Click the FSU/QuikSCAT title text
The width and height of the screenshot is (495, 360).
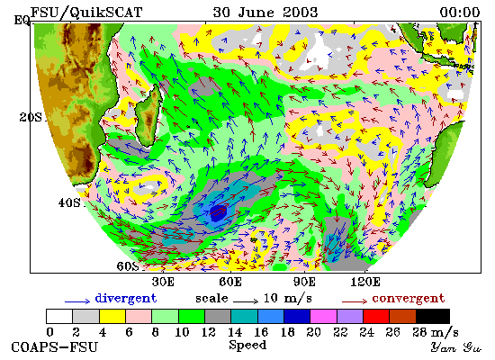pyautogui.click(x=86, y=13)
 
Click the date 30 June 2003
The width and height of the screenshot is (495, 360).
pyautogui.click(x=265, y=13)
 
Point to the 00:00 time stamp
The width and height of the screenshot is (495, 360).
pyautogui.click(x=460, y=13)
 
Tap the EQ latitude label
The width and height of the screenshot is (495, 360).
pyautogui.click(x=22, y=21)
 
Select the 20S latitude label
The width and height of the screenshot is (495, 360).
pyautogui.click(x=31, y=118)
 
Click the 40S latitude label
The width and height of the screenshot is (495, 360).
pyautogui.click(x=69, y=202)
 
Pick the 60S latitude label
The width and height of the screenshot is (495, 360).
pyautogui.click(x=128, y=266)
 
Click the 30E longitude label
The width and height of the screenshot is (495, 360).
pyautogui.click(x=163, y=282)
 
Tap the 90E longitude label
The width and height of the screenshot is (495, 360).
pyautogui.click(x=304, y=282)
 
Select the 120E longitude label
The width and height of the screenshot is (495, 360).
pyautogui.click(x=365, y=282)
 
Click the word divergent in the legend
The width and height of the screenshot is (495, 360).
pyautogui.click(x=126, y=299)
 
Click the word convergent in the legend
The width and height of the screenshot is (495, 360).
pyautogui.click(x=409, y=299)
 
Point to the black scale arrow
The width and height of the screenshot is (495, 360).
pyautogui.click(x=246, y=301)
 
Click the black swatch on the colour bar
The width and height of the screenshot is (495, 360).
pyautogui.click(x=433, y=317)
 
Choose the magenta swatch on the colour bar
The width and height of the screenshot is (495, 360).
pyautogui.click(x=324, y=317)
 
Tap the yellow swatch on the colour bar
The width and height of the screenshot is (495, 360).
pyautogui.click(x=112, y=317)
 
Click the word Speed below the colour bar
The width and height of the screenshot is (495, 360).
pyautogui.click(x=247, y=346)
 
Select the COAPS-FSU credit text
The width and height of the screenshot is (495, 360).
pyautogui.click(x=55, y=347)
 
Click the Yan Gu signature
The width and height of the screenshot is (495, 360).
pyautogui.click(x=456, y=347)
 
